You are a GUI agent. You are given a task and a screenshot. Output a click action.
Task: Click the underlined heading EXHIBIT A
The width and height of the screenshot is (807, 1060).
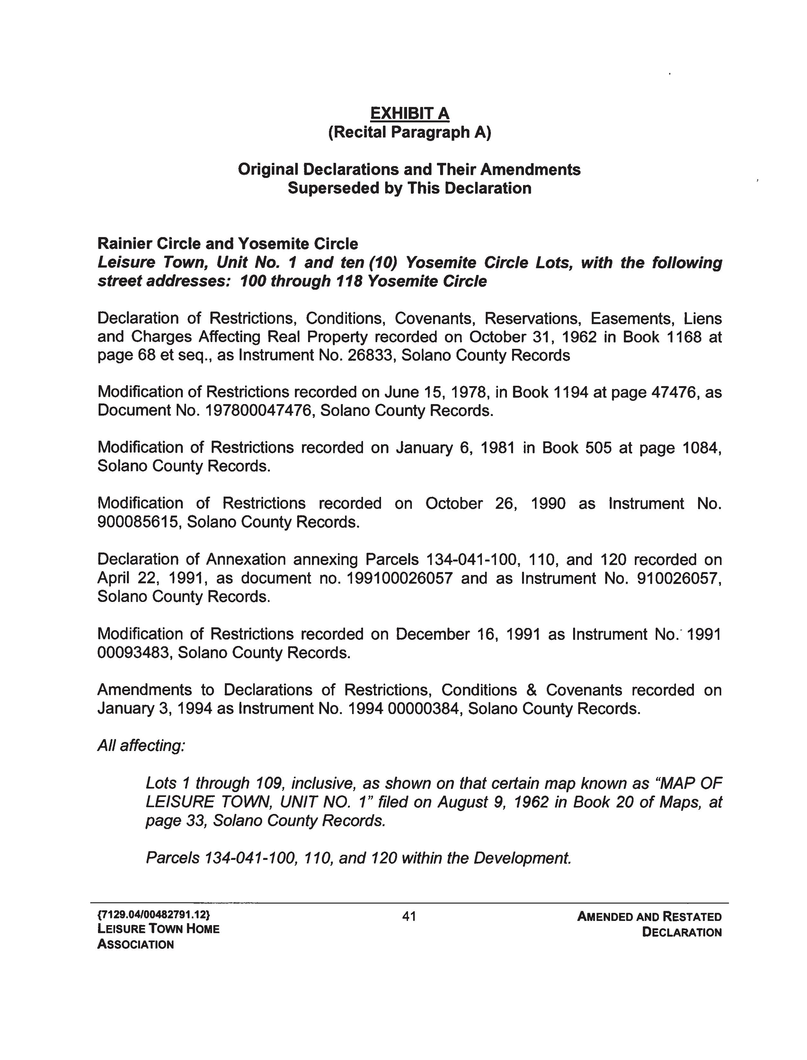click(x=409, y=113)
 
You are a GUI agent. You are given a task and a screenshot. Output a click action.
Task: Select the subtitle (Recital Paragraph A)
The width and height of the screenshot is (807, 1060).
click(x=409, y=132)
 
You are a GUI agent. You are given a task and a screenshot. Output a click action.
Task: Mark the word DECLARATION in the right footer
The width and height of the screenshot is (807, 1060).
click(x=682, y=932)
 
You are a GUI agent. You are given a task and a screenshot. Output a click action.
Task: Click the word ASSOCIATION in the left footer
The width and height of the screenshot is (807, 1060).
click(x=136, y=944)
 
